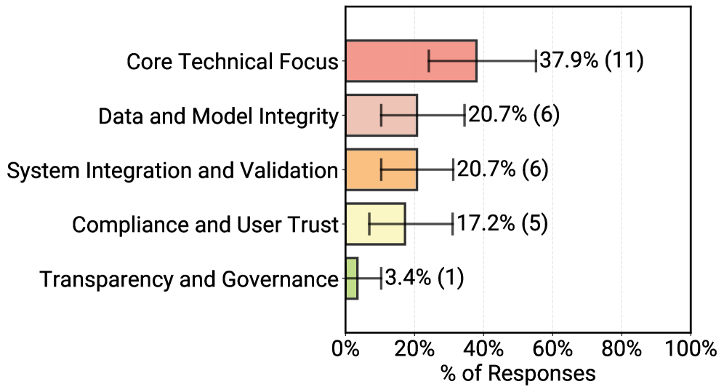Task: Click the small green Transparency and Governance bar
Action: pos(351,278)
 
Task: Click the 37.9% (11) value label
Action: pos(591,60)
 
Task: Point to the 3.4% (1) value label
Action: pos(424,278)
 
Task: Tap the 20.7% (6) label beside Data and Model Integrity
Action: pos(513,115)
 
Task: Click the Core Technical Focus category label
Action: pos(233,62)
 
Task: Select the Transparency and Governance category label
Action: pos(189,279)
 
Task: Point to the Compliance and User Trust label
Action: pos(206,225)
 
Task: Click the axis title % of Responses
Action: pos(518,374)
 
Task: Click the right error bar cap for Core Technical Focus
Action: pos(536,60)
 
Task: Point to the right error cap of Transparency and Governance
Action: pos(381,278)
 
